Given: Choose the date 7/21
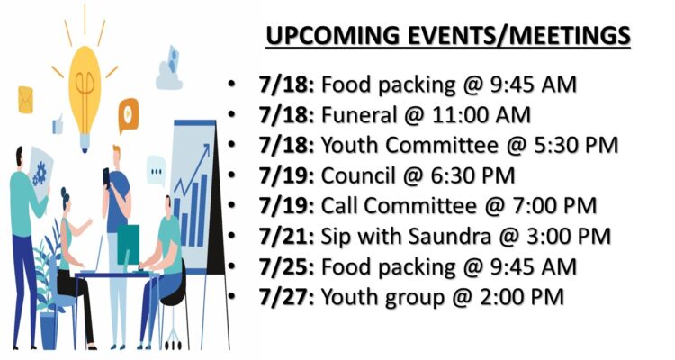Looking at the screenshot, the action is click(286, 237).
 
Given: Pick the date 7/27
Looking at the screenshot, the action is click(286, 297).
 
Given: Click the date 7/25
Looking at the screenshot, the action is click(286, 267).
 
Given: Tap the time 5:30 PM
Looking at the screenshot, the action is click(576, 145).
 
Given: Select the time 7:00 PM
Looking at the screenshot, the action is click(554, 206).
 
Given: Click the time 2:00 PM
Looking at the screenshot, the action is click(521, 297).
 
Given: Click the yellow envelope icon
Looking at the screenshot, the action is click(25, 100).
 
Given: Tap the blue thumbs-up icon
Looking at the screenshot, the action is click(58, 124).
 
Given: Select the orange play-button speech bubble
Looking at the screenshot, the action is click(129, 115).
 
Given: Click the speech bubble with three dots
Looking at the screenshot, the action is click(156, 171).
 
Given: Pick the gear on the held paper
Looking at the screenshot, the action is click(40, 173).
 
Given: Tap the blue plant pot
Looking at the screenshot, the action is click(49, 330).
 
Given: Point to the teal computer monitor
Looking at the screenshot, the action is click(129, 245).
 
